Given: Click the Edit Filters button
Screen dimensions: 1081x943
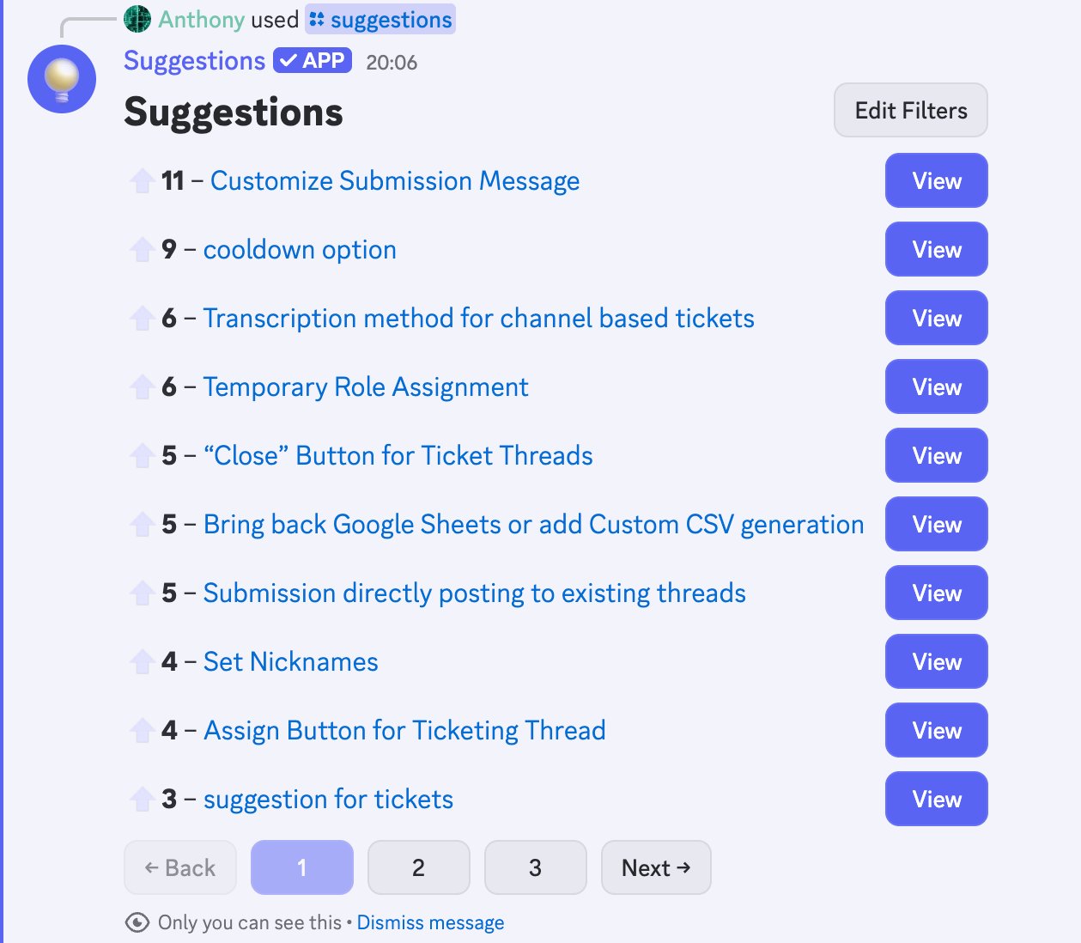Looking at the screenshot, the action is tap(910, 110).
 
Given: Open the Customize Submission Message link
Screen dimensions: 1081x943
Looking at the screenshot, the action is tap(395, 180).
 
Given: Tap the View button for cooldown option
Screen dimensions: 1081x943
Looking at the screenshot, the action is tap(936, 249).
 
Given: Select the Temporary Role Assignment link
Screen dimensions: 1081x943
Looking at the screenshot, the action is tap(366, 386).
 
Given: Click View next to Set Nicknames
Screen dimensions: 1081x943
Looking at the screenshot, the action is tap(936, 661).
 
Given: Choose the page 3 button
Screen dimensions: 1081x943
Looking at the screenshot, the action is tap(535, 867).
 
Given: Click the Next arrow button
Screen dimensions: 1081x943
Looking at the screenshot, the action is tap(656, 867).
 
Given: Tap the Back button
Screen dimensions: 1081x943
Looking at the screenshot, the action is tap(180, 867).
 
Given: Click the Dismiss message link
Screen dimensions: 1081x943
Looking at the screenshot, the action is tap(430, 922).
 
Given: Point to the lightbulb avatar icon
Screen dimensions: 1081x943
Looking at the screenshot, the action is tap(62, 79).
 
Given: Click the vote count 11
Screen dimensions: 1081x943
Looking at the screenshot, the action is tap(173, 180).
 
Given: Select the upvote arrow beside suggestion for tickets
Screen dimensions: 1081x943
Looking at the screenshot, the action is tap(142, 798).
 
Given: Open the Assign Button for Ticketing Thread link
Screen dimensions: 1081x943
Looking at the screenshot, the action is tap(404, 730).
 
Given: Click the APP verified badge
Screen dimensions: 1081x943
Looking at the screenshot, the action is tap(313, 60).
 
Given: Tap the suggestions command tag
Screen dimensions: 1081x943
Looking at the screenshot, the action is tap(380, 20).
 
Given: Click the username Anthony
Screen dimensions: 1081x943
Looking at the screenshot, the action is tap(201, 20).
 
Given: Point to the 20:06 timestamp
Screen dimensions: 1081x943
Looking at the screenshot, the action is tap(392, 63).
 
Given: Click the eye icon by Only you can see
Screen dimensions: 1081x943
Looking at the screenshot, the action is tap(137, 922).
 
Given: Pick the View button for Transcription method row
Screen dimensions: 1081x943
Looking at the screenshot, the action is tap(936, 318).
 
